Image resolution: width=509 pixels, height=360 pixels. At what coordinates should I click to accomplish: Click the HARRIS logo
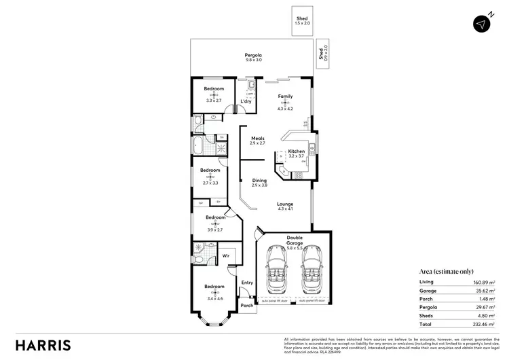43,344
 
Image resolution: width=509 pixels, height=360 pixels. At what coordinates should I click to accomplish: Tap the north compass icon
483,22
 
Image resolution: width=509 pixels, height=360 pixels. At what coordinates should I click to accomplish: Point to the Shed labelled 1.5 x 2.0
302,21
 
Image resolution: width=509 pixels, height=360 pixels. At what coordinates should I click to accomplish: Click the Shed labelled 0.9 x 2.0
323,53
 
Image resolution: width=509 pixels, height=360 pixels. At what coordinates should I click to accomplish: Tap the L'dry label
246,102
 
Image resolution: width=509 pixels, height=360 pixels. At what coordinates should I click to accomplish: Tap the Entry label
246,283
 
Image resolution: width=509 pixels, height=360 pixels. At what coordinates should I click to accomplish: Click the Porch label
246,305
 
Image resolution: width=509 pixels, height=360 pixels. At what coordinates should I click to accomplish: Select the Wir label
225,256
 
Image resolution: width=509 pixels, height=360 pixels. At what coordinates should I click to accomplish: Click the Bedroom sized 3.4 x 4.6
214,289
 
